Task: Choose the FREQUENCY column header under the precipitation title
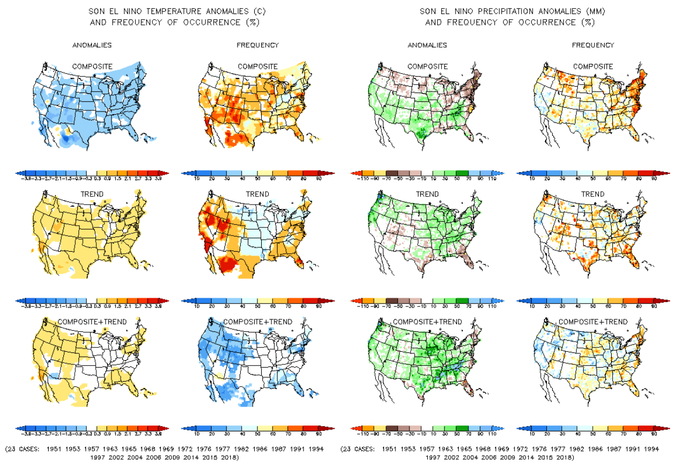(593, 45)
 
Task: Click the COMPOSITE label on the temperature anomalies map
(92, 67)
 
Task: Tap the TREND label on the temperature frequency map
(257, 194)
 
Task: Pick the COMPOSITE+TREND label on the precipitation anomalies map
(427, 322)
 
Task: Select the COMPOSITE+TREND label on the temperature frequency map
(257, 322)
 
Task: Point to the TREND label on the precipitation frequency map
(593, 194)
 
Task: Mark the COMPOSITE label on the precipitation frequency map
(593, 67)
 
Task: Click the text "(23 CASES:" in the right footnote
(359, 449)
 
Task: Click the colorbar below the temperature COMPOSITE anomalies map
(92, 174)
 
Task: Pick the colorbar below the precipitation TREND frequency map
(593, 302)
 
